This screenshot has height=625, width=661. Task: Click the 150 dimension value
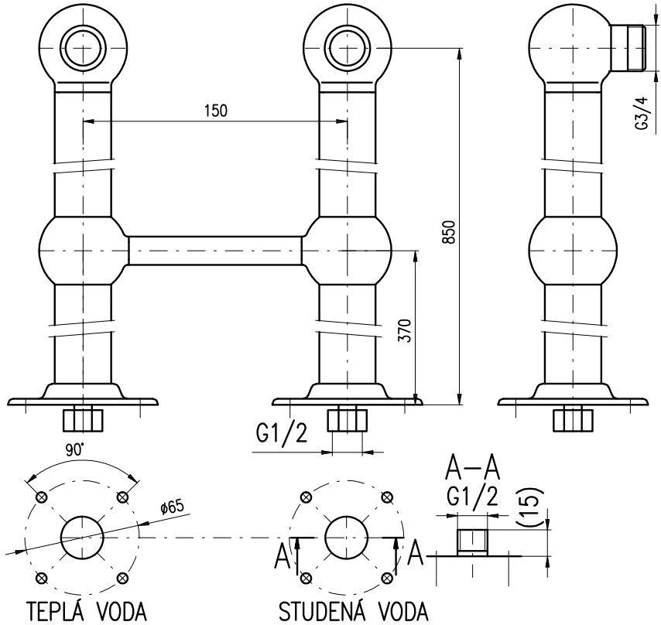215,111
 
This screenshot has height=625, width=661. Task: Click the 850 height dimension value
450,232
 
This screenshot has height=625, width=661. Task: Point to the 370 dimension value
405,330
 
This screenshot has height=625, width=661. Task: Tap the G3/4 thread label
641,113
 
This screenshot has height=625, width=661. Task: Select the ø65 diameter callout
173,507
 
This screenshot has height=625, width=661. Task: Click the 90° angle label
75,450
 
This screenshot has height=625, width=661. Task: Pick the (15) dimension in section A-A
529,507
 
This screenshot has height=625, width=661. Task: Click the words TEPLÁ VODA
87,611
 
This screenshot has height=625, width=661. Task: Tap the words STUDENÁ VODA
353,611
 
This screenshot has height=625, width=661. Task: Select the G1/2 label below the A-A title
473,497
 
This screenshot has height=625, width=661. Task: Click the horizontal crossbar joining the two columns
215,251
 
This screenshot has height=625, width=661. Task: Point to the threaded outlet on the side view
628,48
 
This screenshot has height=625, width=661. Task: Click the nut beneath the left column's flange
83,418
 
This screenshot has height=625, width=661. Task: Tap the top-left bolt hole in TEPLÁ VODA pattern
42,497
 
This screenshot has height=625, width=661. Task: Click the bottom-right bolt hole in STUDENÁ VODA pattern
386,577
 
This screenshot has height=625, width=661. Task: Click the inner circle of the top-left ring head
83,48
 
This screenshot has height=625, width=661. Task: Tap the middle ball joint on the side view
573,251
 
